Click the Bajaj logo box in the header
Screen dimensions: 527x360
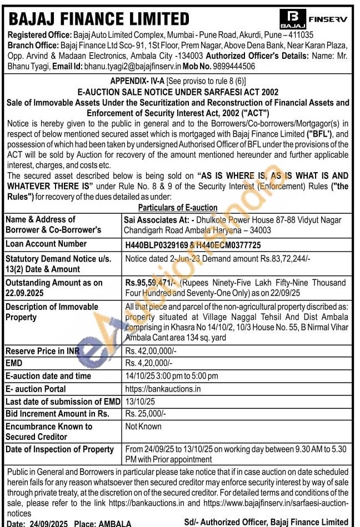(293, 19)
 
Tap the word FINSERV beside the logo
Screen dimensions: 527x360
(328, 18)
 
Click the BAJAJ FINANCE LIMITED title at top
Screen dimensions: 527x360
(99, 19)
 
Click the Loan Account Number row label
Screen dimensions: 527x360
(46, 244)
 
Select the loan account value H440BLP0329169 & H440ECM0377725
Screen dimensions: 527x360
(193, 244)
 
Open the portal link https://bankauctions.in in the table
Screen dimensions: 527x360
(163, 389)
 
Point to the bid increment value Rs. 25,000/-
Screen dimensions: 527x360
(146, 414)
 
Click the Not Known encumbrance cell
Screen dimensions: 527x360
(143, 426)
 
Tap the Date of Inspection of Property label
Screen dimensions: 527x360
(59, 450)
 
